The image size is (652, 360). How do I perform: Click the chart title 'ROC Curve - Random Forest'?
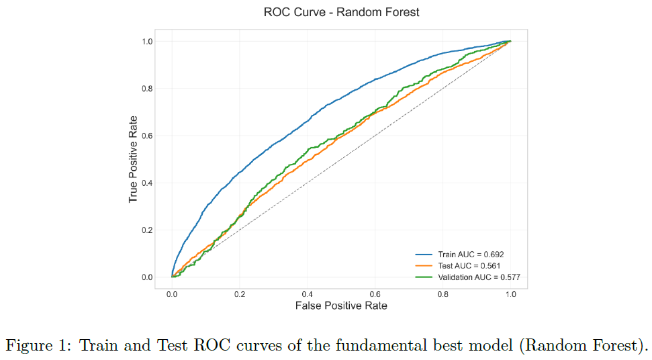[341, 12]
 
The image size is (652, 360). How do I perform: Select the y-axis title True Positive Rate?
[133, 159]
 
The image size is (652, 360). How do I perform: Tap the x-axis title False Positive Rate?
[341, 306]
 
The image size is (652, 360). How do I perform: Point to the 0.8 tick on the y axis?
[147, 89]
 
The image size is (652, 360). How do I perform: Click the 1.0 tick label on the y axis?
[147, 41]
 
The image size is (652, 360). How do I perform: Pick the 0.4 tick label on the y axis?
[147, 183]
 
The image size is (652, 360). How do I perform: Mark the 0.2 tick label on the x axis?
[240, 294]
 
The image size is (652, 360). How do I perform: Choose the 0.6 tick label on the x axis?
[375, 294]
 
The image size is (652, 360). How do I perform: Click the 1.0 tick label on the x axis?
[510, 294]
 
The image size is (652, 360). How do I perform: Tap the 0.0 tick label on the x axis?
[172, 294]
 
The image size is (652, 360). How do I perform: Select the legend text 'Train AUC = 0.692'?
[471, 255]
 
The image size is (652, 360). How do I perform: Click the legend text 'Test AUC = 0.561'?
[469, 266]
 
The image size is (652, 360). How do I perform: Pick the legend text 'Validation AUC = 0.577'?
[479, 277]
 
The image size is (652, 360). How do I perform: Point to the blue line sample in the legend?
[424, 255]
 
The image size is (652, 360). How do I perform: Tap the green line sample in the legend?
[424, 277]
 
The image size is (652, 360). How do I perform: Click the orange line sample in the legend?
[424, 266]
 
